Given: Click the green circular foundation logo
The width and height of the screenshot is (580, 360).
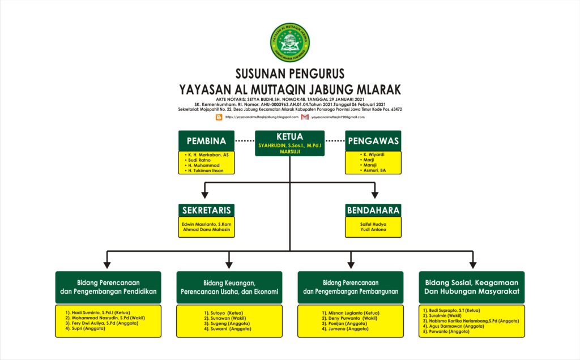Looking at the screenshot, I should click(x=289, y=42).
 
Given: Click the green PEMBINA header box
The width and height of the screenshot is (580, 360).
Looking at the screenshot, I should click(x=206, y=141).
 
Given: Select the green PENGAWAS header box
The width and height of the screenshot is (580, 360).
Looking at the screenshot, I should click(x=373, y=141).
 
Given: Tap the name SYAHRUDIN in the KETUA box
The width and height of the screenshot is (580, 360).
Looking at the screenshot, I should click(x=279, y=146).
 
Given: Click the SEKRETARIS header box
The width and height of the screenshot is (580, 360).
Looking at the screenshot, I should click(x=206, y=210).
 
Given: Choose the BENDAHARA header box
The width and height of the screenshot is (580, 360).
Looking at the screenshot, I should click(x=373, y=210).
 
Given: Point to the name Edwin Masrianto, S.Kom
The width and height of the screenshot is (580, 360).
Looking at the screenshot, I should click(x=207, y=224).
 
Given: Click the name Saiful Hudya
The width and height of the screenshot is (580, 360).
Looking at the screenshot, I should click(x=373, y=224).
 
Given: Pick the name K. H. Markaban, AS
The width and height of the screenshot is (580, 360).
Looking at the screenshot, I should click(x=208, y=155).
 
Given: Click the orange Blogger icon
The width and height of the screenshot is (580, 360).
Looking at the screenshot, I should click(x=219, y=117).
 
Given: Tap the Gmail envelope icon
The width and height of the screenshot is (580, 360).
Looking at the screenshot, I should click(x=305, y=117).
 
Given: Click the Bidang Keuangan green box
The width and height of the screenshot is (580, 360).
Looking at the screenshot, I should click(x=229, y=288).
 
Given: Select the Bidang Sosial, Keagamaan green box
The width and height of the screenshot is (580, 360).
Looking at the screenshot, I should click(x=472, y=288).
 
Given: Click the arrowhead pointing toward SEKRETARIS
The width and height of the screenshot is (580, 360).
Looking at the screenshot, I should click(x=206, y=195).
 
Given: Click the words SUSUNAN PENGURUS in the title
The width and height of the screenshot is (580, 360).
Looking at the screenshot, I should click(x=289, y=74).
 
